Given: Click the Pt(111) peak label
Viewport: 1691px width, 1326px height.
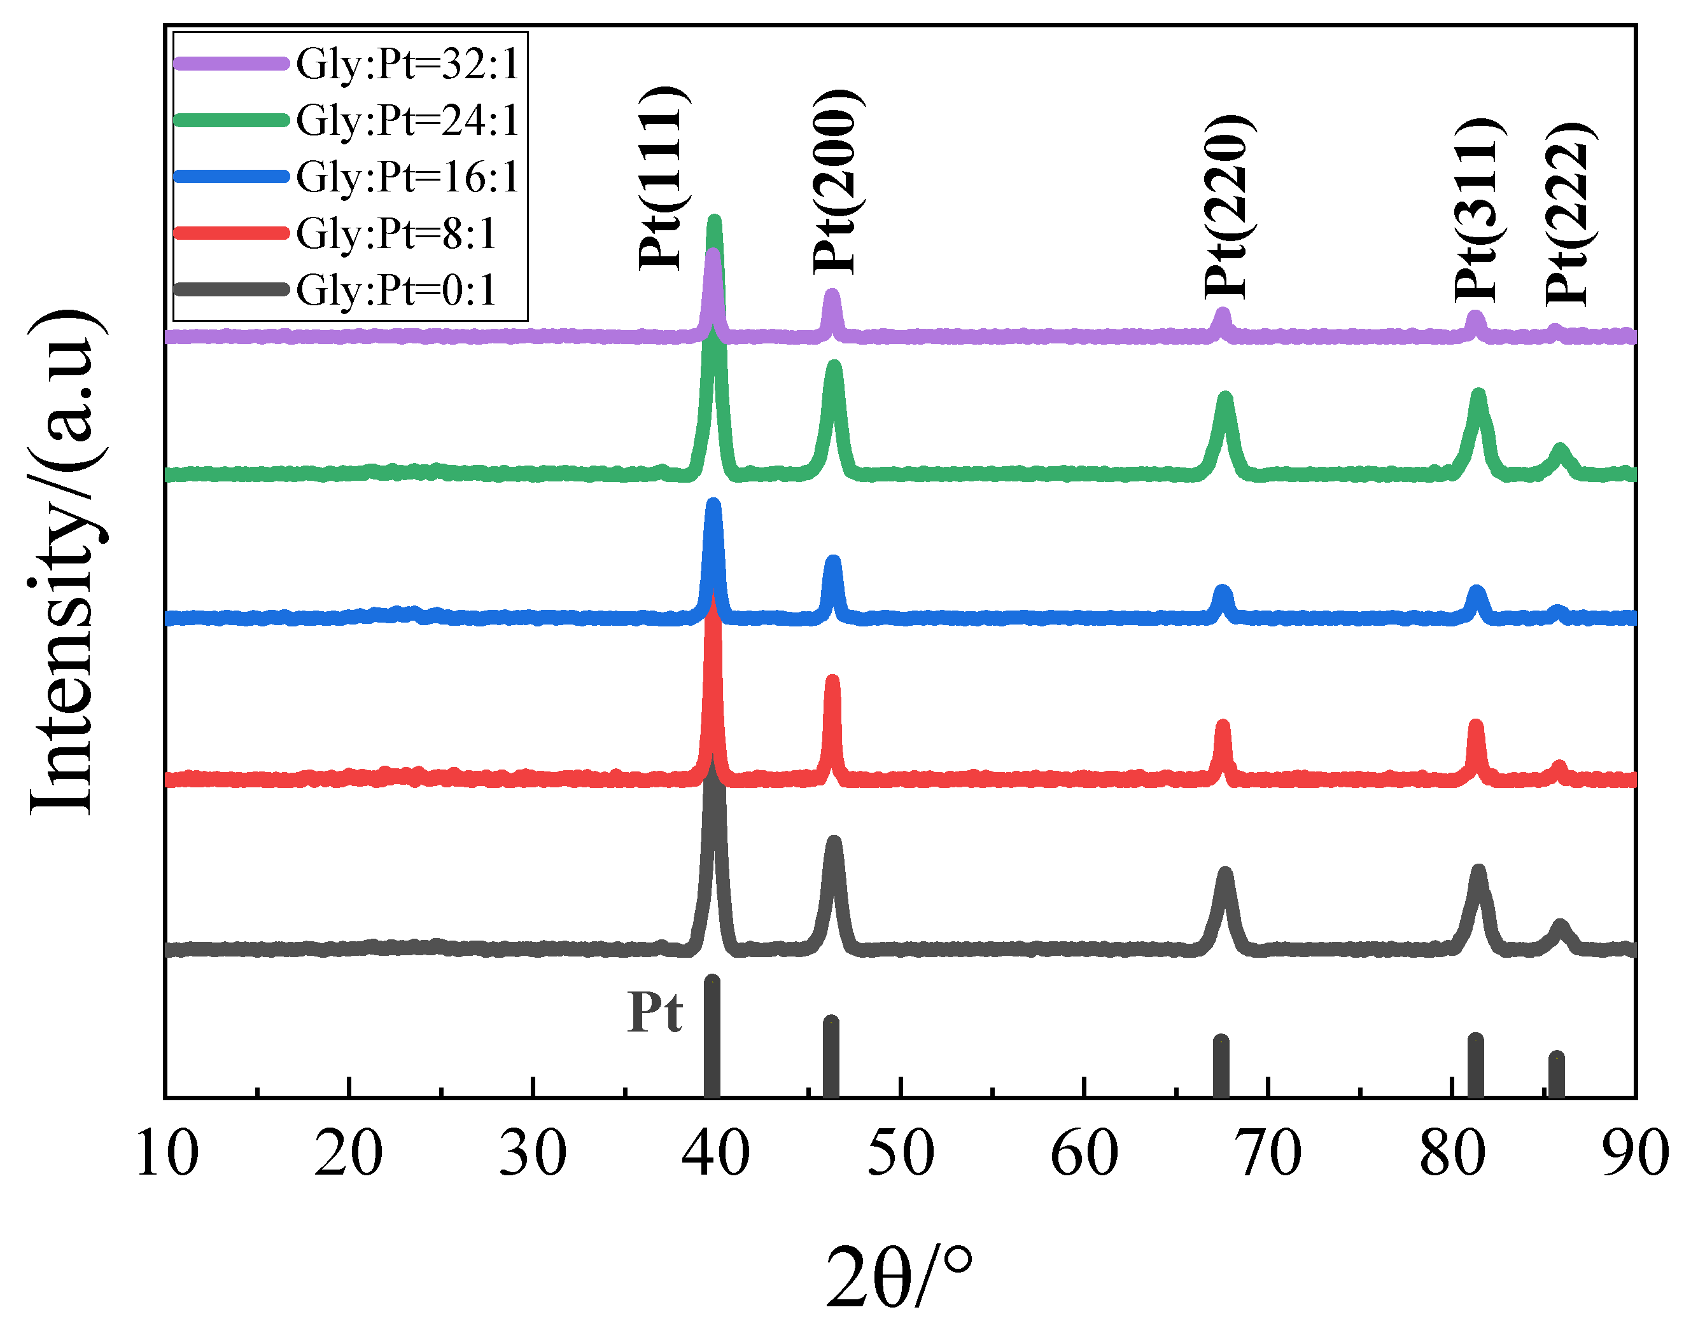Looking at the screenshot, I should [661, 178].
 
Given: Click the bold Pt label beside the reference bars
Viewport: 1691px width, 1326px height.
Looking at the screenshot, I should [654, 1012].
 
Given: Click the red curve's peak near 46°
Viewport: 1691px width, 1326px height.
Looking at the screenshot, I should [832, 679].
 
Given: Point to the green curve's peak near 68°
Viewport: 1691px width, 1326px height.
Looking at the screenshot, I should [1226, 397].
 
